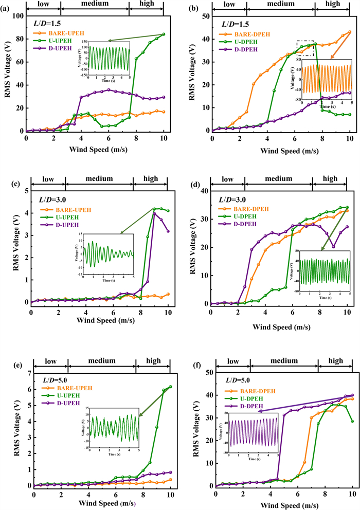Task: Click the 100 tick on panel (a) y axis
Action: tap(19, 15)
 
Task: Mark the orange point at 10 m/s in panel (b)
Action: tap(350, 32)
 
